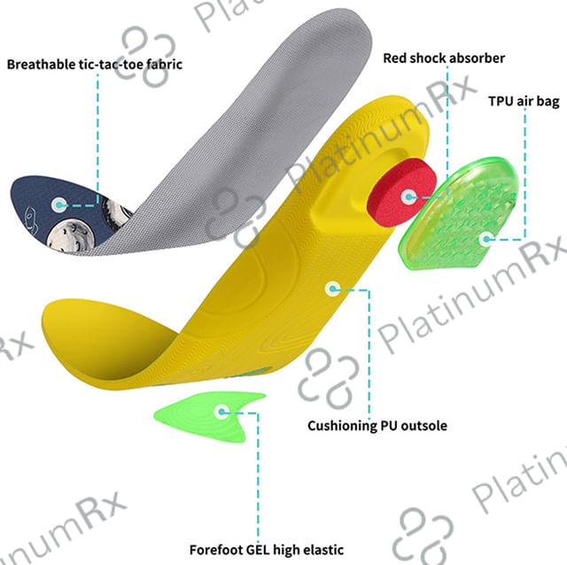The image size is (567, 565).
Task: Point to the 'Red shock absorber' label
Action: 443,58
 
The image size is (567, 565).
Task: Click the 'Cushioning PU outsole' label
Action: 377,426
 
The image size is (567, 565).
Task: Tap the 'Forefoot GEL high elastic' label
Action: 266,549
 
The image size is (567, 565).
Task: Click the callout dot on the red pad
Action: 408,197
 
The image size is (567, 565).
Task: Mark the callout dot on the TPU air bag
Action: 484,237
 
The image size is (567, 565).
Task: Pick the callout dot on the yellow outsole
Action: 332,288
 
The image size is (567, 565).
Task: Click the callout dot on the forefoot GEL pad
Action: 221,411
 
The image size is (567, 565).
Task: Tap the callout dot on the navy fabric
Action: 58,204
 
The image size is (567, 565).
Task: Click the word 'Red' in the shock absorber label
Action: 396,58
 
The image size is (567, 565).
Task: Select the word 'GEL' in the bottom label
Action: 257,549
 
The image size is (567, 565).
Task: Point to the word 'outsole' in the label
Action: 423,426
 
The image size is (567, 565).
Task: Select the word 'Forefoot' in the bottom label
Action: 214,549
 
